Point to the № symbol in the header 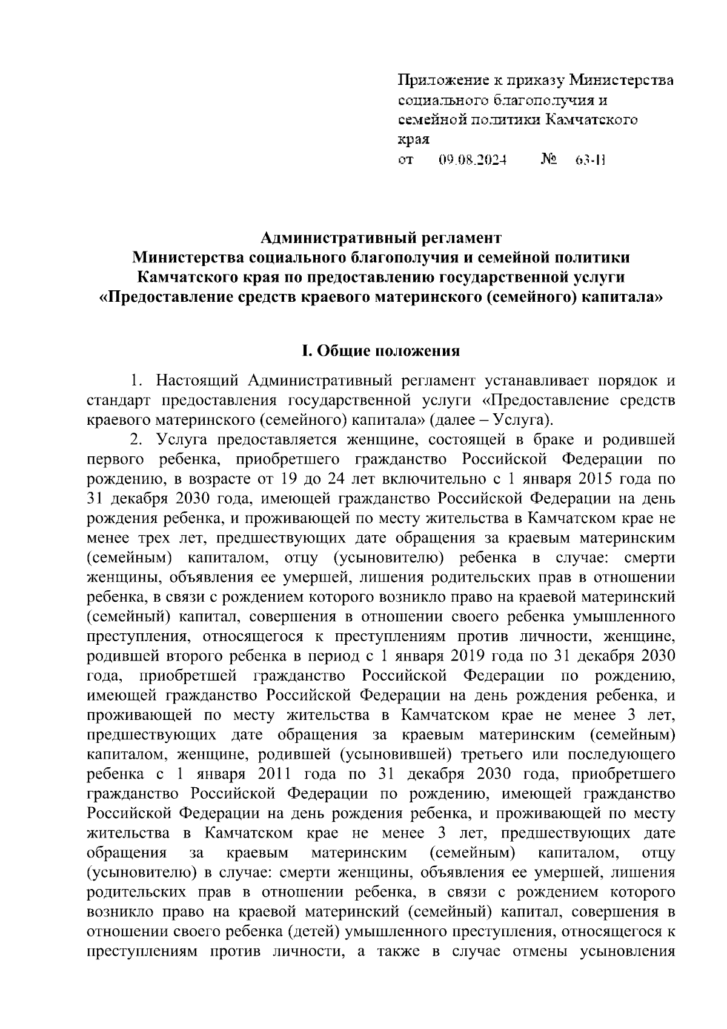tap(548, 161)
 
